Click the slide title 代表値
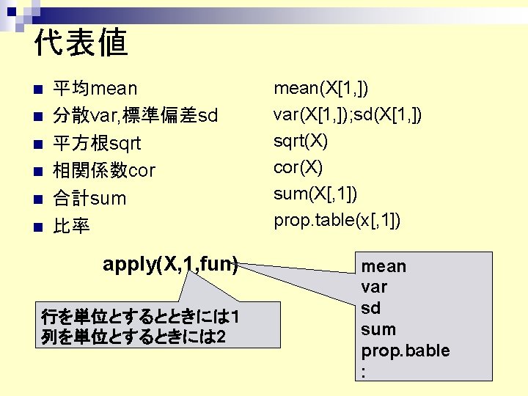(81, 43)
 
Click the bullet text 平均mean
(95, 89)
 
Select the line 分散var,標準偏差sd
(135, 117)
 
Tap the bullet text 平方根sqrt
(97, 144)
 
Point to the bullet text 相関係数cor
(104, 171)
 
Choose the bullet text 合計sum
(89, 198)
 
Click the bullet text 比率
(71, 226)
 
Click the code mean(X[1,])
(321, 89)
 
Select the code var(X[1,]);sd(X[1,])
(347, 115)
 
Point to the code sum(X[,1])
(315, 194)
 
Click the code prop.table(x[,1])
(337, 221)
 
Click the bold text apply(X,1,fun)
(170, 265)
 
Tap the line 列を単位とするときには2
(133, 338)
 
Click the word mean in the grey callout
(384, 266)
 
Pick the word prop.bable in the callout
(405, 351)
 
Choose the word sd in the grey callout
(370, 309)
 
